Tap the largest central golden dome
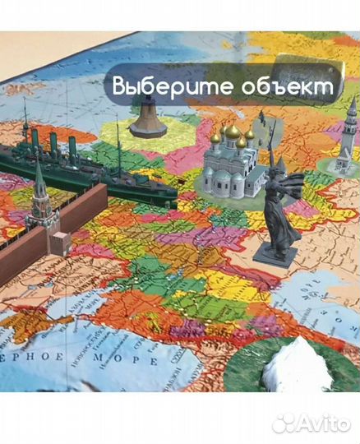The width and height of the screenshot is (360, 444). [233, 131]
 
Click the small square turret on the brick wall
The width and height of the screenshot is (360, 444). [58, 243]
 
